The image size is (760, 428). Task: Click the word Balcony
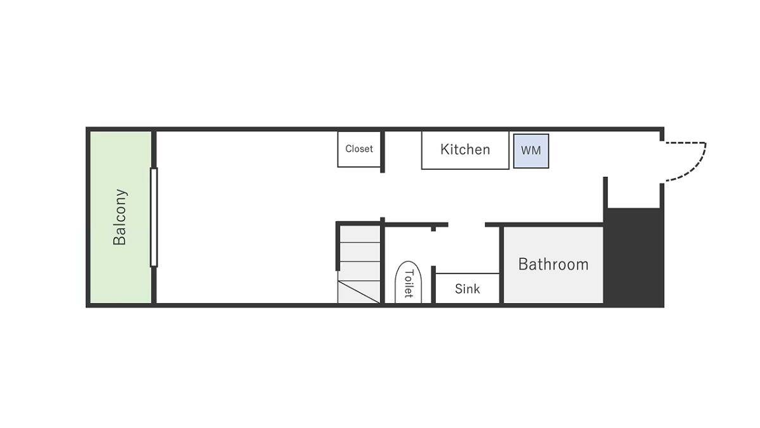[120, 217]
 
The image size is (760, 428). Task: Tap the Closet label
[359, 149]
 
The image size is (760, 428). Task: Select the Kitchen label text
[465, 150]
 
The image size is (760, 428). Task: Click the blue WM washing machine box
[531, 151]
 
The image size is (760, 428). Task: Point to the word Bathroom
[554, 264]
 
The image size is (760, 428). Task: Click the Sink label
[467, 289]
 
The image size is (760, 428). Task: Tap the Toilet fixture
[408, 282]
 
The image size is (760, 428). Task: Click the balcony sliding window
[154, 217]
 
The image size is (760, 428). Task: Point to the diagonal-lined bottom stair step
[358, 292]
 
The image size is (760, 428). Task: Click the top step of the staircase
[360, 234]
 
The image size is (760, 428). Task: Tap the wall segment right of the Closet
[383, 152]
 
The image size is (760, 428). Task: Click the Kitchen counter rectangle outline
[465, 169]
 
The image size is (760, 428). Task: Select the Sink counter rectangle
[467, 288]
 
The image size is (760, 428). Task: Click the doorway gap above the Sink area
[467, 224]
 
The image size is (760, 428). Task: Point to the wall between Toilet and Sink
[433, 285]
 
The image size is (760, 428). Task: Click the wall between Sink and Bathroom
[502, 265]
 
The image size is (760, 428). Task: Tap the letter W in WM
[526, 150]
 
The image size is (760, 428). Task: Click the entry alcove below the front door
[633, 193]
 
